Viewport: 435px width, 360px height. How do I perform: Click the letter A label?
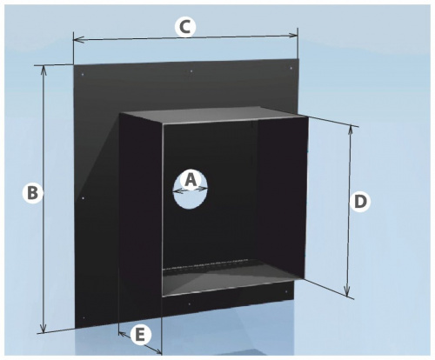coord(191,180)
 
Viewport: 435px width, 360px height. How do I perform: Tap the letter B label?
coord(32,193)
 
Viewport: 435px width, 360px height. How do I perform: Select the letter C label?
coord(185,27)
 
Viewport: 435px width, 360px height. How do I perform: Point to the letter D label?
coord(359,202)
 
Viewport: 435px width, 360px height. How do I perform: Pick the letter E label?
coord(140,335)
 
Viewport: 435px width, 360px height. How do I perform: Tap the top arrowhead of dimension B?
coord(43,70)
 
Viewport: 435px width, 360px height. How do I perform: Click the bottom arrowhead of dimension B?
coord(43,328)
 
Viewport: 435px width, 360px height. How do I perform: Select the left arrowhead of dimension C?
coord(78,39)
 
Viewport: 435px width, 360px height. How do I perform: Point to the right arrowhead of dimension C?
coord(292,36)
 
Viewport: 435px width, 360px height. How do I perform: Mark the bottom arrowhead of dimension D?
coord(347,291)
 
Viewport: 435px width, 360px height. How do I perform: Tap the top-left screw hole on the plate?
coord(83,75)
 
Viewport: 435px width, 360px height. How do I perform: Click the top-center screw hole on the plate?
coord(191,70)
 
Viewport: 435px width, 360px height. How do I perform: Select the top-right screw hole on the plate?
coord(291,68)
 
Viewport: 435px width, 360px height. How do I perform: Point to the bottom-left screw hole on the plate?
coord(84,318)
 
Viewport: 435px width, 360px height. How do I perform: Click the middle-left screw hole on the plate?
coord(84,198)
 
